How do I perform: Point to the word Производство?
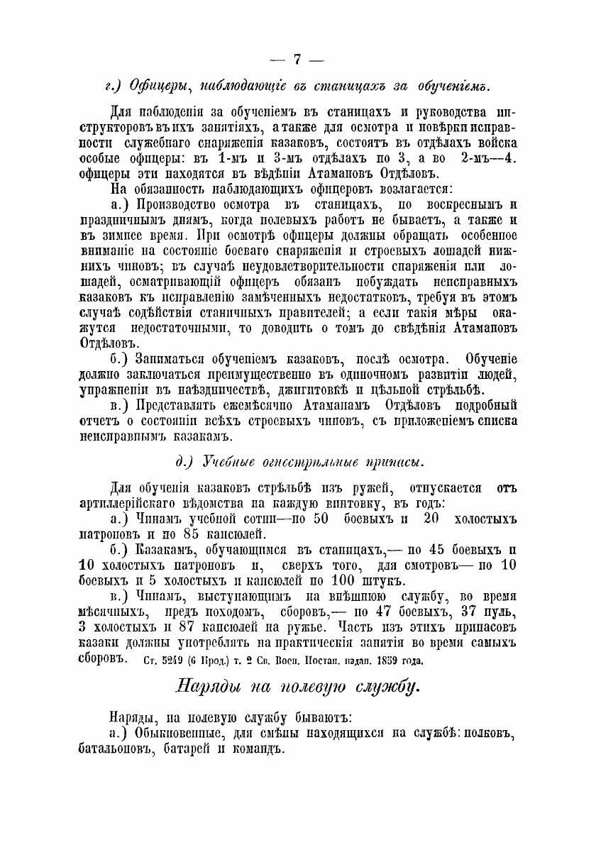click(185, 206)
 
